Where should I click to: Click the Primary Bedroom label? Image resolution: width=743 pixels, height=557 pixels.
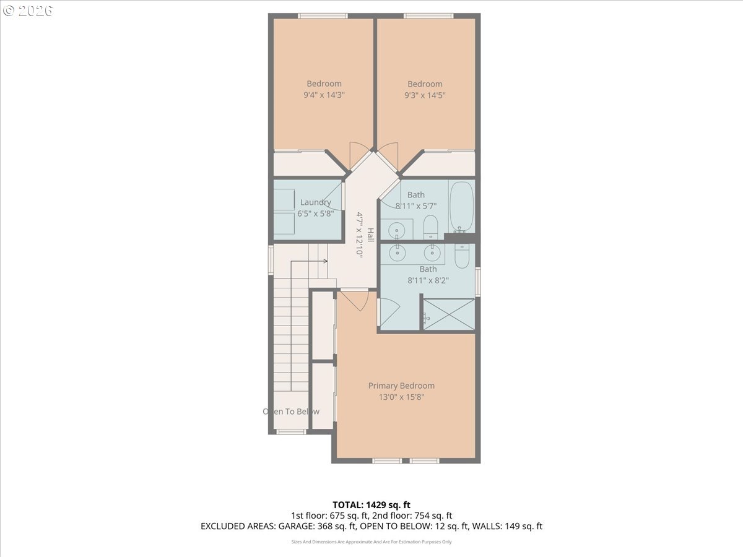(401, 386)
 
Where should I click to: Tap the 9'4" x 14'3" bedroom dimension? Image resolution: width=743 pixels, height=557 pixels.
(324, 95)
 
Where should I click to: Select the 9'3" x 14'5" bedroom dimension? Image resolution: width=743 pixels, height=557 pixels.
(425, 95)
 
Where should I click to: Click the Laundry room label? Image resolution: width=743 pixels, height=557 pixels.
(316, 202)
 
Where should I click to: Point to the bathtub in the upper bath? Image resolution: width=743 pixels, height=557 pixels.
(461, 207)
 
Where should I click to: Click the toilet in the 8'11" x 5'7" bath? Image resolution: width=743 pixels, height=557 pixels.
(430, 227)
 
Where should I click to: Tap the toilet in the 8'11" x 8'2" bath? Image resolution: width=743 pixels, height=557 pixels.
(462, 256)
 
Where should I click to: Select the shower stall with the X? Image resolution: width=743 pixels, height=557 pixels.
(449, 314)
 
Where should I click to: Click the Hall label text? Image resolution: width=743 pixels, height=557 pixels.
(371, 235)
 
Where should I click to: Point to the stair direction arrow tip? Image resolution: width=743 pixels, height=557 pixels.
(328, 261)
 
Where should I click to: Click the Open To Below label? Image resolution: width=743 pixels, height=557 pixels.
(291, 412)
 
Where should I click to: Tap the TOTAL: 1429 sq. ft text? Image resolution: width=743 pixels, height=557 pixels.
(371, 505)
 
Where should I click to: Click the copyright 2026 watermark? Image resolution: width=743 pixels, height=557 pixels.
(28, 11)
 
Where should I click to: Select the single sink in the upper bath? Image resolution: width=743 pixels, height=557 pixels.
(396, 231)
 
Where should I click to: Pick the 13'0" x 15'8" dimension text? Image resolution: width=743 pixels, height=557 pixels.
(401, 397)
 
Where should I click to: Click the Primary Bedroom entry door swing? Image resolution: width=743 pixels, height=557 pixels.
(354, 301)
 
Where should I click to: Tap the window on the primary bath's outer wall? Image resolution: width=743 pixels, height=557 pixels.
(478, 282)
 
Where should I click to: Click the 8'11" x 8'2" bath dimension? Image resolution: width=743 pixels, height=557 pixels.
(428, 280)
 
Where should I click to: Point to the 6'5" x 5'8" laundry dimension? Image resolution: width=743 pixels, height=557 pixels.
(316, 214)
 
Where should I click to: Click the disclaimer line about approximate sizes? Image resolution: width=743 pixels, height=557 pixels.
(371, 542)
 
